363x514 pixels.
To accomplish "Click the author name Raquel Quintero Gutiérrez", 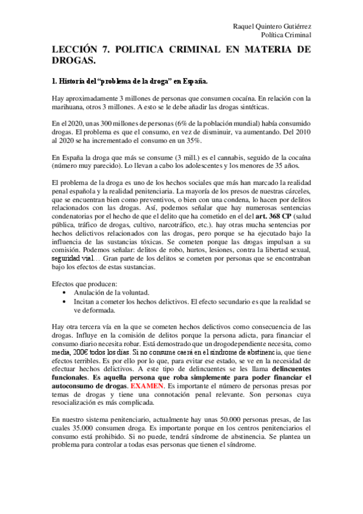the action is click(272, 27).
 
